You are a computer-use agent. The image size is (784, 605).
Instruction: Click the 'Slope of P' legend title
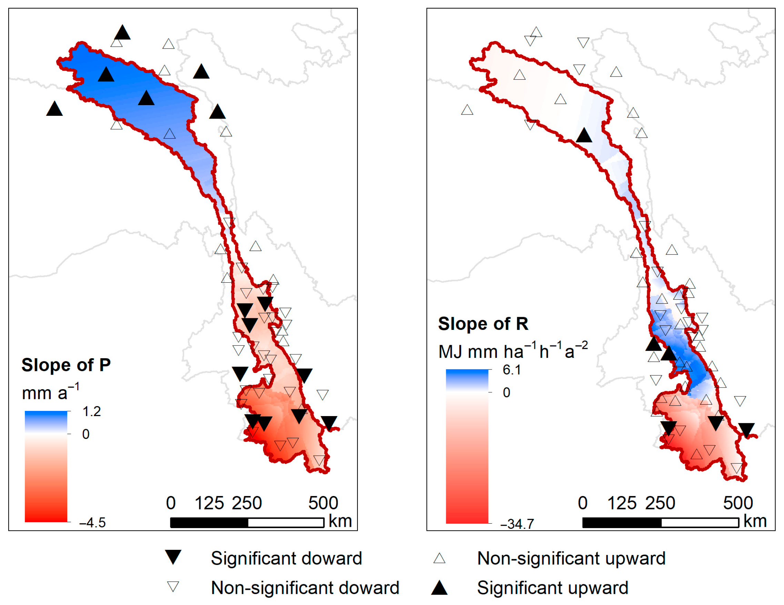(66, 365)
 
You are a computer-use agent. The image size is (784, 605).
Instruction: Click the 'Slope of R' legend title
(483, 324)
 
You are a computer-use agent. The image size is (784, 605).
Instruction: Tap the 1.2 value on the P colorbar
(92, 412)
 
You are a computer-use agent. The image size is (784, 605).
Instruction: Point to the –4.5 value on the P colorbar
(92, 523)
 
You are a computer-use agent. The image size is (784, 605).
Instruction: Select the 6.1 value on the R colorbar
(512, 370)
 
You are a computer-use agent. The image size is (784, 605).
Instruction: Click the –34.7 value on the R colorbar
(517, 524)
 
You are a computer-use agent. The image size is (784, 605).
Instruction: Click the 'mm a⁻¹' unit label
(50, 392)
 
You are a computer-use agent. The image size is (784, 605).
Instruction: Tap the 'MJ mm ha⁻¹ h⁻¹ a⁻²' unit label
(513, 351)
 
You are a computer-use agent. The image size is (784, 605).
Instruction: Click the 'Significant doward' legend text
(286, 558)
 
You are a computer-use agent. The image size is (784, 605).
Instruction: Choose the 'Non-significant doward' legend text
(305, 588)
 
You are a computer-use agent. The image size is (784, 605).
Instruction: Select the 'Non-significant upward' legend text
(571, 558)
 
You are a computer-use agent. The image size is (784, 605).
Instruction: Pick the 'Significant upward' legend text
(552, 588)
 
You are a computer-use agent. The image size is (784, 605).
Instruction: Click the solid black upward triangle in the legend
(439, 588)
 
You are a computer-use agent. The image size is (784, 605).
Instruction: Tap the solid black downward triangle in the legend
(173, 557)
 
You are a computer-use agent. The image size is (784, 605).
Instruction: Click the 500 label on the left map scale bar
(323, 503)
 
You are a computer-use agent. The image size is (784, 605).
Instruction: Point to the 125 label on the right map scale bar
(622, 503)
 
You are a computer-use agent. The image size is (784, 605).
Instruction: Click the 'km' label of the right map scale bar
(755, 521)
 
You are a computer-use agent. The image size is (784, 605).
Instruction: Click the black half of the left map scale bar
(209, 523)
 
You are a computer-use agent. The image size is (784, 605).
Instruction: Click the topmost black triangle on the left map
(122, 33)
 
